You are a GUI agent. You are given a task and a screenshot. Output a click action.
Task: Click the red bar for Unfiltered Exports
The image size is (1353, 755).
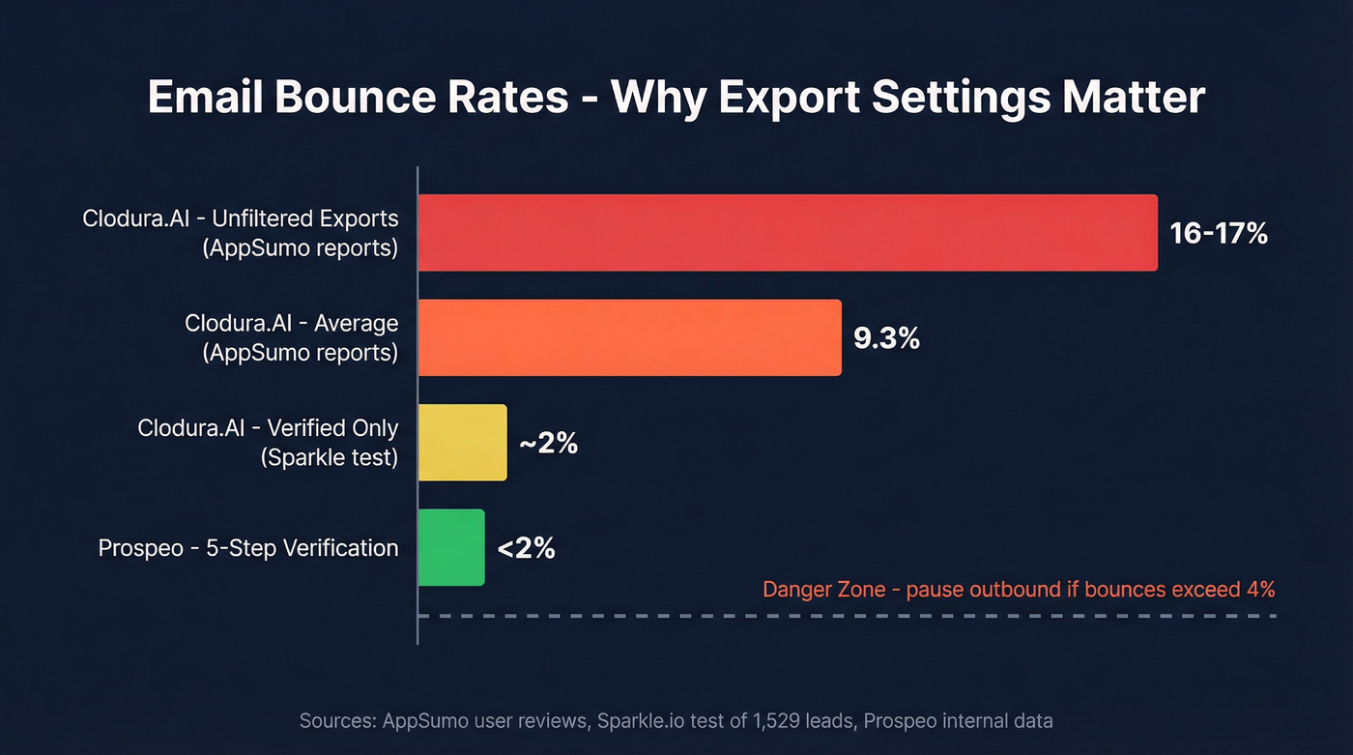click(x=788, y=233)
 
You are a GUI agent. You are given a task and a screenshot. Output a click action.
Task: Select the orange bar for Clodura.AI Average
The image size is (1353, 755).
click(x=629, y=337)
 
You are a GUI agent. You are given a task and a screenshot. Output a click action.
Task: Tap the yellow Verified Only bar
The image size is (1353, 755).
click(x=462, y=443)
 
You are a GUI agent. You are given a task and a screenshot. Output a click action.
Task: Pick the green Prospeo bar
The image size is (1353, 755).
click(x=451, y=547)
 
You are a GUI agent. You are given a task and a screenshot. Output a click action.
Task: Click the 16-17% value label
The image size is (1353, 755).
click(x=1218, y=233)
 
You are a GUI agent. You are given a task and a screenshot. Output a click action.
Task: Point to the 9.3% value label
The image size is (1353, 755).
click(x=886, y=338)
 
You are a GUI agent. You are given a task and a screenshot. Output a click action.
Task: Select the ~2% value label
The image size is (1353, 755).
click(x=548, y=443)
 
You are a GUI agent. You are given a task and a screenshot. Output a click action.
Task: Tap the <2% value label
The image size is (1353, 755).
click(x=527, y=548)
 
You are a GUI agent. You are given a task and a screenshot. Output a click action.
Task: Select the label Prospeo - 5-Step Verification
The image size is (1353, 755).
click(x=248, y=548)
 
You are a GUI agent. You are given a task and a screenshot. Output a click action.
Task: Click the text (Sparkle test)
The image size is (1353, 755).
click(x=329, y=457)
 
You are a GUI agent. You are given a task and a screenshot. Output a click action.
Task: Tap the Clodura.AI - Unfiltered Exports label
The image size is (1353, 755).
click(x=241, y=218)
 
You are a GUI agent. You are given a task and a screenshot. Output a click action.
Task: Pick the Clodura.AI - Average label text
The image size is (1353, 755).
click(x=291, y=323)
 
